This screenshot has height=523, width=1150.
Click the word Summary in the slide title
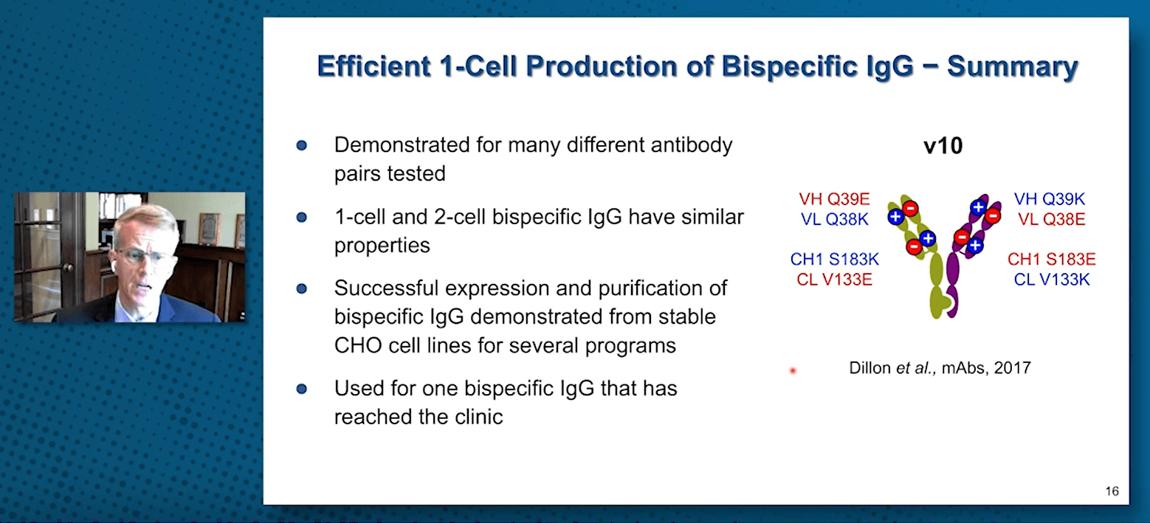point(1013,66)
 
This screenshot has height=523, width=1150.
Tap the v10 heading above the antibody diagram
point(943,146)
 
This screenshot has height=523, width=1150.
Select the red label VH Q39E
point(834,198)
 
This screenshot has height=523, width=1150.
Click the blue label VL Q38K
point(835,219)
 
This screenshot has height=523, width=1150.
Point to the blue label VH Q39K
point(1050,198)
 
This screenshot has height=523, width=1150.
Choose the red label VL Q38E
point(1051,219)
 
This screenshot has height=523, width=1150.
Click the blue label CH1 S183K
point(835,259)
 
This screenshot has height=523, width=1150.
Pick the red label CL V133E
point(834,280)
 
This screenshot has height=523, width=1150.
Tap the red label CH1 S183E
point(1051,259)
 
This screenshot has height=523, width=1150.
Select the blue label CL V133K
point(1051,280)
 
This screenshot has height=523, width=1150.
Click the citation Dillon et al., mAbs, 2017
point(940,368)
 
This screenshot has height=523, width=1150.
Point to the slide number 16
point(1112,491)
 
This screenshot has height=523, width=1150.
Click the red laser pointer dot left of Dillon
point(793,370)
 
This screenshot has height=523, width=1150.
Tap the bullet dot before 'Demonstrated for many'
point(302,146)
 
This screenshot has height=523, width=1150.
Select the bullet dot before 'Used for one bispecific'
point(302,389)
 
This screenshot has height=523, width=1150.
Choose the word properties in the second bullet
point(382,246)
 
